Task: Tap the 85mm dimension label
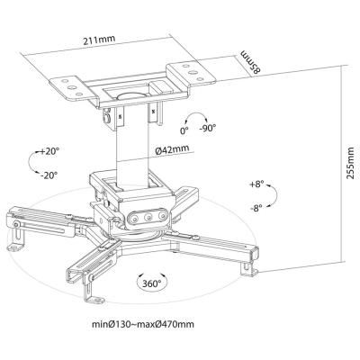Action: click(x=251, y=61)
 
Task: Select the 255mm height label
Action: click(x=350, y=163)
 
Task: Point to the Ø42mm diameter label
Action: click(x=172, y=148)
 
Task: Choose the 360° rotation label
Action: click(x=151, y=283)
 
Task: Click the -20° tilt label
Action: click(x=49, y=175)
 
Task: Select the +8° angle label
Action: click(x=256, y=184)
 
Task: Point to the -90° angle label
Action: click(x=208, y=128)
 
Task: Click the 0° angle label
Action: click(x=184, y=130)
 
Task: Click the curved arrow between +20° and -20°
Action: click(x=29, y=162)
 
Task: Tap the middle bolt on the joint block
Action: click(x=148, y=217)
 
